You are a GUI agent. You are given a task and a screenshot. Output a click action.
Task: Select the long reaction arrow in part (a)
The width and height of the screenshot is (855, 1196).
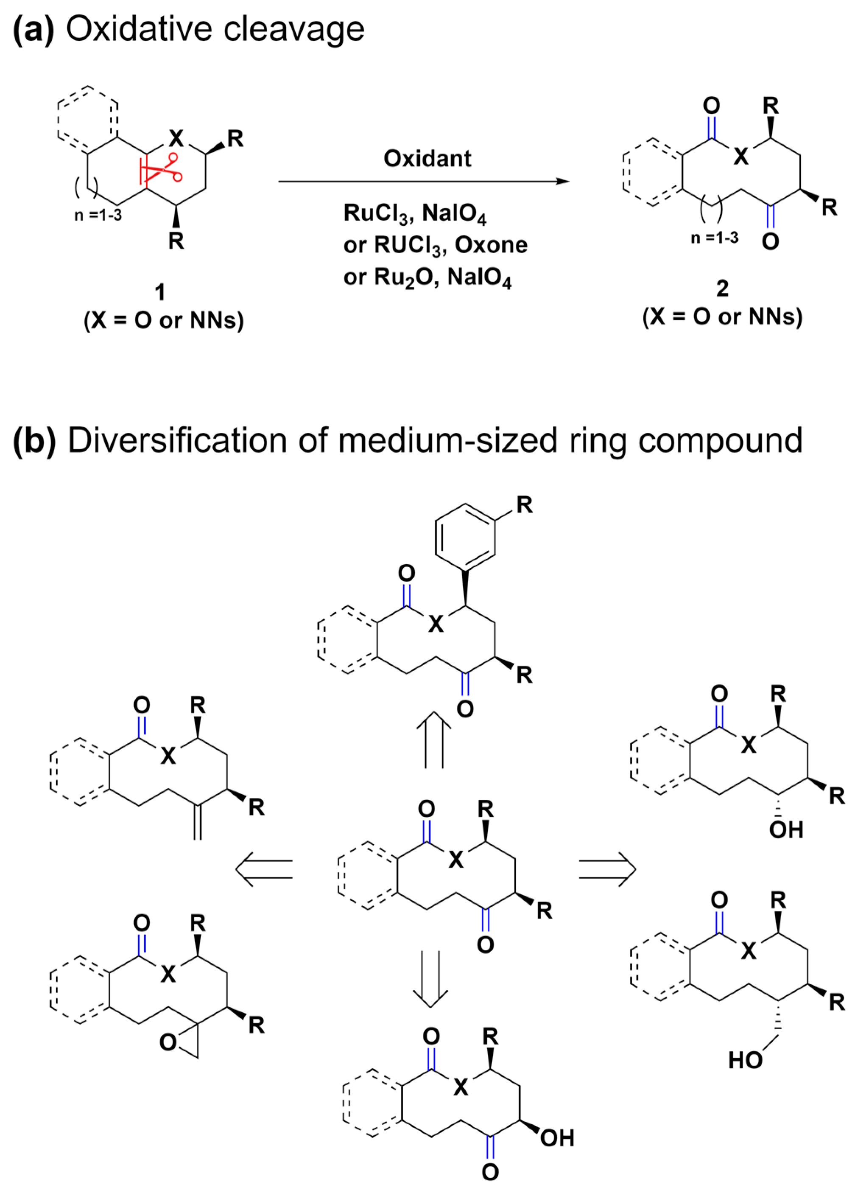pos(424,182)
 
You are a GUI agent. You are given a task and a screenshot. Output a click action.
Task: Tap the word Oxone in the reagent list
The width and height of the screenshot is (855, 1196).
pos(491,245)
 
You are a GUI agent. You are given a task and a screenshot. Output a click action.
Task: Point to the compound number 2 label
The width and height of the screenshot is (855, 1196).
pos(722,288)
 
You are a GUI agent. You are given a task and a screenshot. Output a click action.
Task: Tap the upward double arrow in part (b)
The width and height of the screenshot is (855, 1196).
pos(434,739)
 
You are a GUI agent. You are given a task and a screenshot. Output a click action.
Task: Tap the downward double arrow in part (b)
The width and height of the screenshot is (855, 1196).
pos(430,979)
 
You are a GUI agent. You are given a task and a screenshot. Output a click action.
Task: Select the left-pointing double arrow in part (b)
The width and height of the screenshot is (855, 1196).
pos(264,869)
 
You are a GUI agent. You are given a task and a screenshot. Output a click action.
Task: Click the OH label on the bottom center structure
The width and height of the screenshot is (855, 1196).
pos(557,1138)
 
